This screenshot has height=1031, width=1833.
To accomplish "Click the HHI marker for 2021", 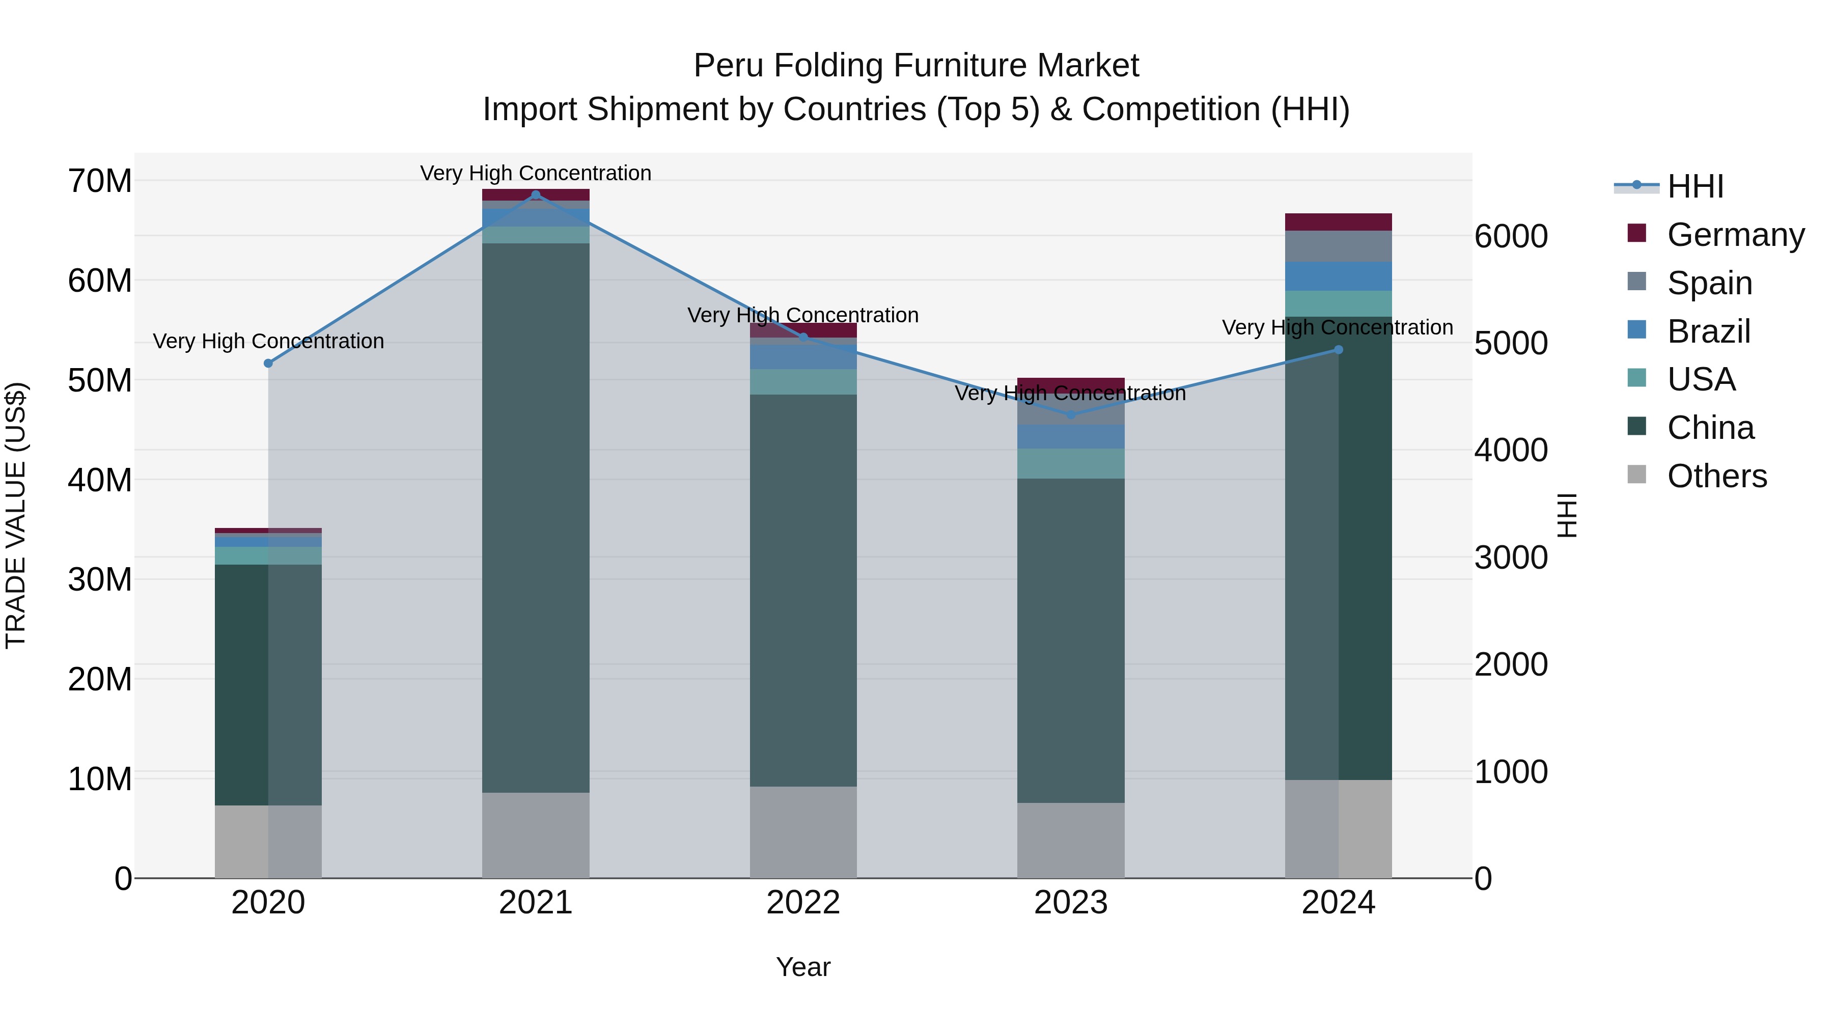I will pyautogui.click(x=536, y=195).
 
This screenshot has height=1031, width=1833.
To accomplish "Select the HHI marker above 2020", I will pyautogui.click(x=268, y=364).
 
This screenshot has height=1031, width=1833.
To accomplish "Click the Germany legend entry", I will pyautogui.click(x=1735, y=235).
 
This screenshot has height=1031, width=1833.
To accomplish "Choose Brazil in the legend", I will pyautogui.click(x=1708, y=331).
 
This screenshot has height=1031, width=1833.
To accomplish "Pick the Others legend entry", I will pyautogui.click(x=1716, y=476).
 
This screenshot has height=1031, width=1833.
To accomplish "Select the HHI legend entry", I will pyautogui.click(x=1695, y=186).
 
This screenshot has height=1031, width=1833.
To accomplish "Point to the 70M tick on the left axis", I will pyautogui.click(x=100, y=181).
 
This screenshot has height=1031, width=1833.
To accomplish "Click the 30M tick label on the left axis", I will pyautogui.click(x=100, y=580).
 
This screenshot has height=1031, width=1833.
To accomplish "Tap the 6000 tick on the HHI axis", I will pyautogui.click(x=1511, y=236).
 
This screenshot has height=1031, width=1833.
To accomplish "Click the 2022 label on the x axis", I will pyautogui.click(x=803, y=903).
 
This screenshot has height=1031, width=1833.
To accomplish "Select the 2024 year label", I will pyautogui.click(x=1339, y=903).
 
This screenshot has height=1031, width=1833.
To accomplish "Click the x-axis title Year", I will pyautogui.click(x=803, y=967).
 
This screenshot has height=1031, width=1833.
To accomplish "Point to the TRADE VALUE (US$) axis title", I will pyautogui.click(x=16, y=515).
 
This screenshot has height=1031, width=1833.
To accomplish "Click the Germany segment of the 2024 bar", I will pyautogui.click(x=1339, y=222).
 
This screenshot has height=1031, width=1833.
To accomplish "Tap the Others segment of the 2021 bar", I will pyautogui.click(x=536, y=835).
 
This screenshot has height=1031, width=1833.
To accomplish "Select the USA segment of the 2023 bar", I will pyautogui.click(x=1071, y=464).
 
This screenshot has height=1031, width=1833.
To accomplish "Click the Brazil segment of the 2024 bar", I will pyautogui.click(x=1339, y=276).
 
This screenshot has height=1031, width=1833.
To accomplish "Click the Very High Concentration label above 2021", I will pyautogui.click(x=536, y=174).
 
